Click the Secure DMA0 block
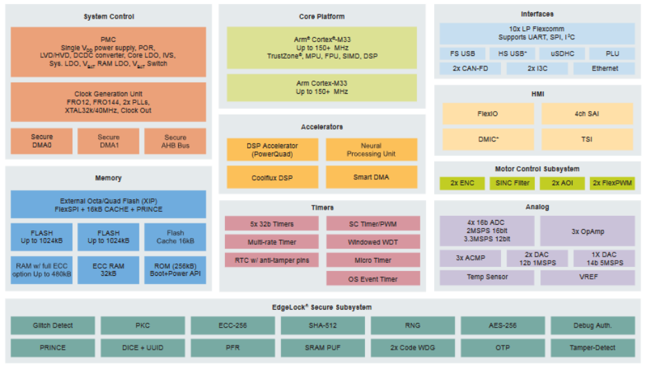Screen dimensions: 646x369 tap(41, 141)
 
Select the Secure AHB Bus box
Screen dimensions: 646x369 tap(175, 141)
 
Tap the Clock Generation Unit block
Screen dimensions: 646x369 tap(108, 102)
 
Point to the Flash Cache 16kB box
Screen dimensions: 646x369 tap(175, 237)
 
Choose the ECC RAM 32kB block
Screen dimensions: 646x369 tap(108, 270)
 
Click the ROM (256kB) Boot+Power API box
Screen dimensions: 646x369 tap(175, 270)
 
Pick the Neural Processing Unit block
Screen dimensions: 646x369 tap(371, 150)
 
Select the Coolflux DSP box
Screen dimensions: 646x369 tap(273, 177)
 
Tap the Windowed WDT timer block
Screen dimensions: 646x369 tap(373, 241)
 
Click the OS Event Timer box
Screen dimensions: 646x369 tap(373, 279)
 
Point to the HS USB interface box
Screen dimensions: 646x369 tap(512, 54)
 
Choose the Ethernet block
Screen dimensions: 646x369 tap(605, 68)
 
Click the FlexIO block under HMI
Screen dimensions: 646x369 tap(488, 114)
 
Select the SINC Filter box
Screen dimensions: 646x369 tap(512, 183)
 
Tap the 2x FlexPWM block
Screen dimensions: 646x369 tap(612, 183)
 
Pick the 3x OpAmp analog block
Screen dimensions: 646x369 tap(587, 231)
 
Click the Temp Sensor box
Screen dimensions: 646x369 tap(487, 277)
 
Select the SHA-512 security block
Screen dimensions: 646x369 tap(323, 325)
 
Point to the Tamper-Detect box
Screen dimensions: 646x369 tap(593, 348)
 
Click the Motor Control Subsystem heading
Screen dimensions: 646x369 tap(537, 169)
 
